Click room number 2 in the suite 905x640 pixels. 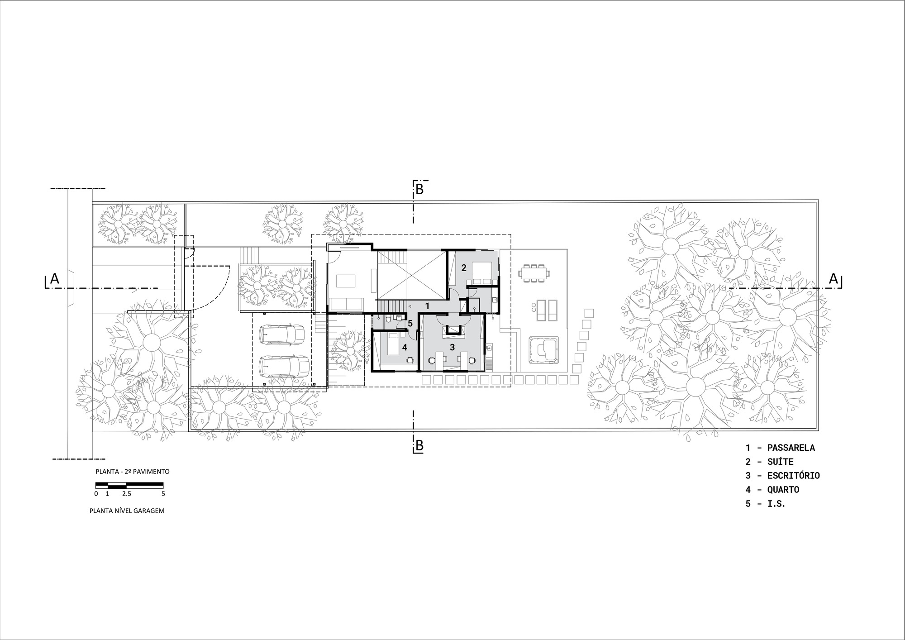[x=463, y=267]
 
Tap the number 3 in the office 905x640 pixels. [x=452, y=347]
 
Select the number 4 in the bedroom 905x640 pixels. [x=405, y=347]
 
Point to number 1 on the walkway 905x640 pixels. [x=427, y=306]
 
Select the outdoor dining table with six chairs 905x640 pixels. [x=534, y=273]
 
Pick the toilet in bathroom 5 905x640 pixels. [x=389, y=320]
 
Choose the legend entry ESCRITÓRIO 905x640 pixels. [x=793, y=475]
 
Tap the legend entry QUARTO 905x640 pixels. [x=783, y=489]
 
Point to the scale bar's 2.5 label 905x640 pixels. [x=126, y=494]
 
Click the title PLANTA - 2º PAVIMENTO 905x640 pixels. [x=133, y=471]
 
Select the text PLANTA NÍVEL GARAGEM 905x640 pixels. [x=127, y=511]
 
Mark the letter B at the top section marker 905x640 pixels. [x=419, y=190]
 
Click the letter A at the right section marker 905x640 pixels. [x=834, y=279]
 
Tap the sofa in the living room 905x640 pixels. [x=346, y=303]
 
